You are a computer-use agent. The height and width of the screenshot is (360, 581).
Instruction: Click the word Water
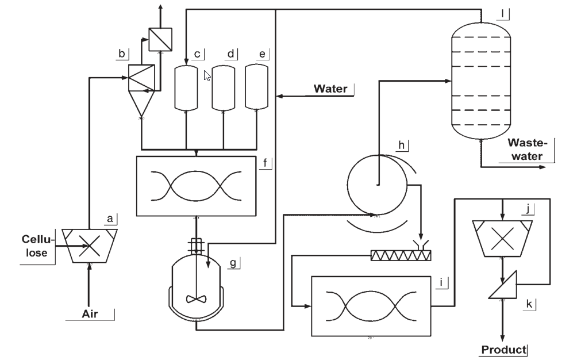click(330, 89)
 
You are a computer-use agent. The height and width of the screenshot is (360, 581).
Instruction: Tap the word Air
click(90, 314)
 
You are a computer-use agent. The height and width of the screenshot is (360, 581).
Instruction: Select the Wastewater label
click(527, 150)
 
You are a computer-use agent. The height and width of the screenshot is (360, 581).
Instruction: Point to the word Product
click(503, 350)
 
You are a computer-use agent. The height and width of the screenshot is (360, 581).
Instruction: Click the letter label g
click(233, 263)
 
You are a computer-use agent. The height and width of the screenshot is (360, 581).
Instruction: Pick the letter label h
click(402, 145)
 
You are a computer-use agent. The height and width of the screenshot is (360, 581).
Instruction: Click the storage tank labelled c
click(186, 88)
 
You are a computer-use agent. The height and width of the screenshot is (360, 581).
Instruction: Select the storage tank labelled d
click(223, 88)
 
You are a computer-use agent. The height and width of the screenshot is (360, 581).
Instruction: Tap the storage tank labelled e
click(257, 87)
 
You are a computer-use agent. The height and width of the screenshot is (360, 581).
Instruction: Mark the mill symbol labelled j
click(502, 239)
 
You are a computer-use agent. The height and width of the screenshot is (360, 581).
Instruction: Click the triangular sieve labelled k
click(503, 285)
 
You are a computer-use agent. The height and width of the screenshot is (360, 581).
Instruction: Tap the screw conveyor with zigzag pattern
click(401, 255)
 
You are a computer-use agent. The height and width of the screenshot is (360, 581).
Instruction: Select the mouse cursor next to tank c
click(207, 76)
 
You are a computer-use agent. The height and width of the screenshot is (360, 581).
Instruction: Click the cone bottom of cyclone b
click(141, 104)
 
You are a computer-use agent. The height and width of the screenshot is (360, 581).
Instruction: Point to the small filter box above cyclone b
click(160, 39)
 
